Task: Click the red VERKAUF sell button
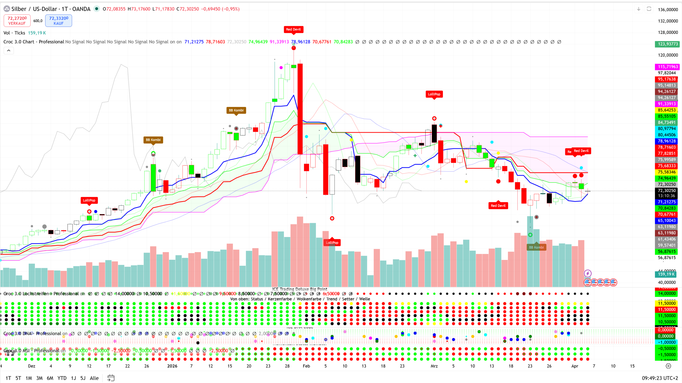click(x=17, y=21)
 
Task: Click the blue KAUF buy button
click(x=59, y=21)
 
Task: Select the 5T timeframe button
click(x=18, y=378)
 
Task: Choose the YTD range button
click(x=62, y=378)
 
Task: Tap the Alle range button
click(x=94, y=378)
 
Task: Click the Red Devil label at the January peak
click(x=293, y=29)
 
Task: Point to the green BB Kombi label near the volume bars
click(x=536, y=247)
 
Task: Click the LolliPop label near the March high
click(x=434, y=94)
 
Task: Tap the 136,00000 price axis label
click(x=668, y=10)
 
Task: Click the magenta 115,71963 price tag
click(x=668, y=67)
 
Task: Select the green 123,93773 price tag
click(x=668, y=44)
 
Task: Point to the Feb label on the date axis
click(x=306, y=366)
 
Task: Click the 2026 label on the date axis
click(x=172, y=366)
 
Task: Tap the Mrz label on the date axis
click(x=434, y=366)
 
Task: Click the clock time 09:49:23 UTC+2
click(x=660, y=378)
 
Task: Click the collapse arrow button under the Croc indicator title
click(x=9, y=50)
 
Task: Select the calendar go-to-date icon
click(x=111, y=378)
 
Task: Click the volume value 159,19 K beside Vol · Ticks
click(x=37, y=33)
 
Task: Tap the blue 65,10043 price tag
click(x=667, y=221)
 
